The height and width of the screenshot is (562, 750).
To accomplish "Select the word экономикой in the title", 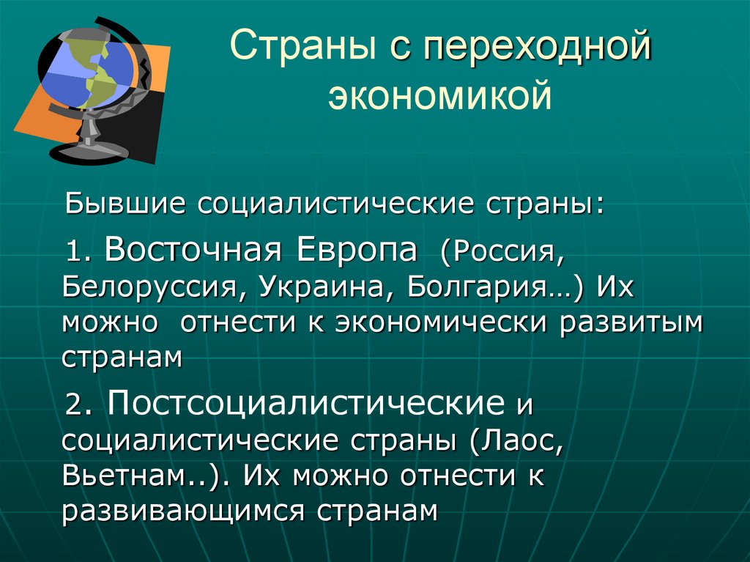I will coord(439,97).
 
